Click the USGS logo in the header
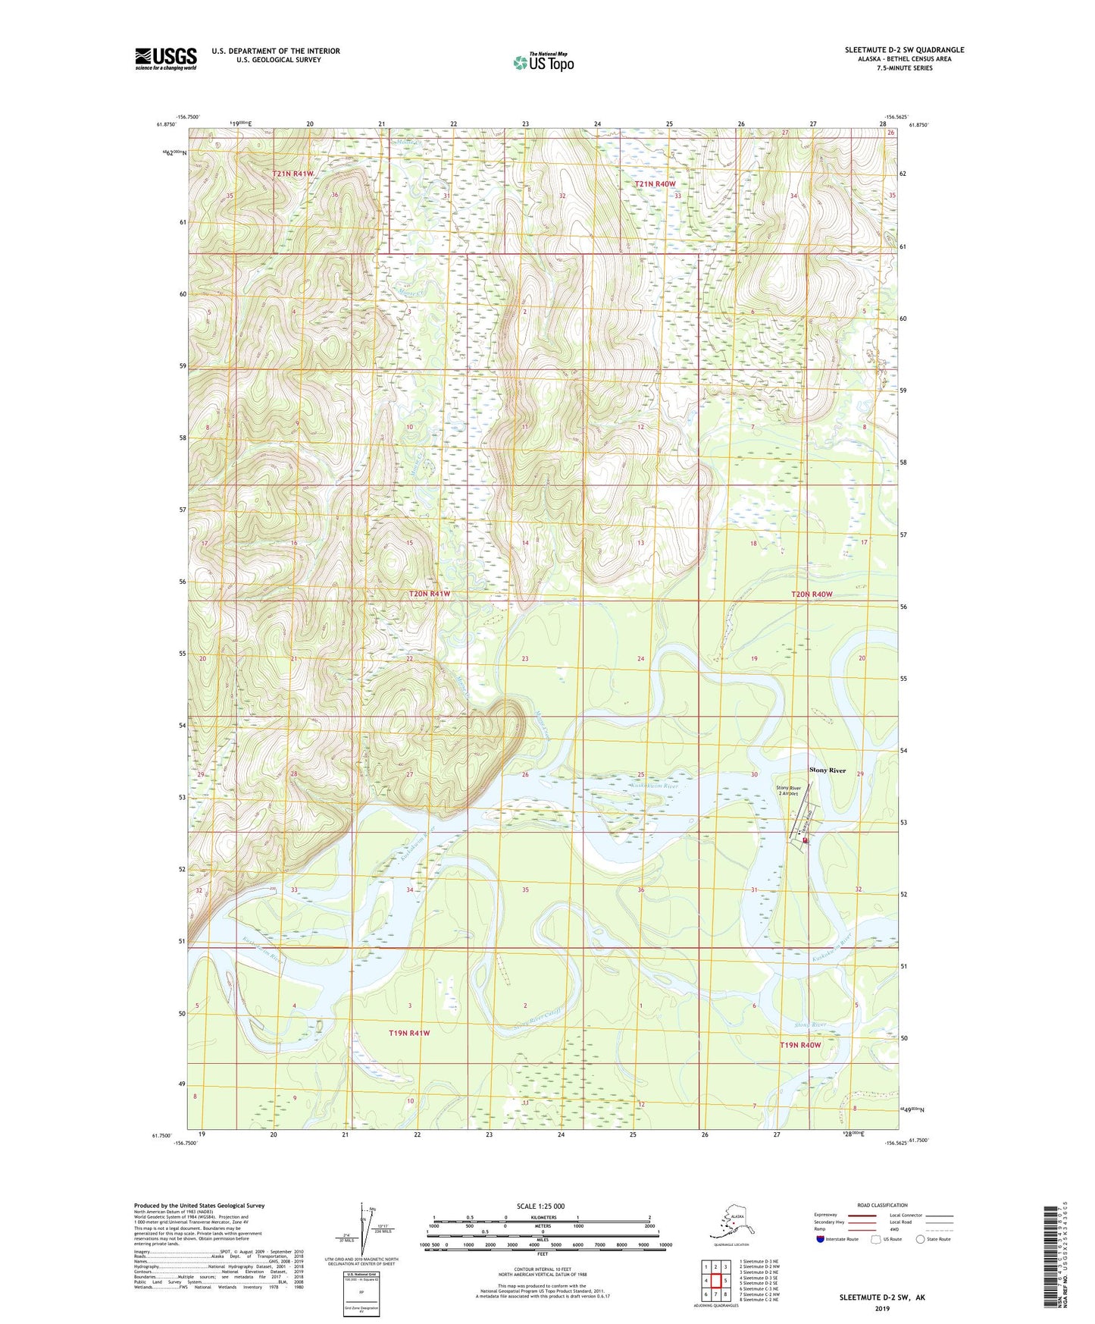point(165,58)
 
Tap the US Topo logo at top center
point(543,61)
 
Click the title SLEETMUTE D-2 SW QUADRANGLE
point(904,50)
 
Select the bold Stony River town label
point(827,770)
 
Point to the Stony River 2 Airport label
point(788,791)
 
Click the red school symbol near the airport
point(805,840)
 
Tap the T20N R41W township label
point(430,594)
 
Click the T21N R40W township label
point(655,184)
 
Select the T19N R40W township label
point(800,1045)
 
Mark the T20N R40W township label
point(812,595)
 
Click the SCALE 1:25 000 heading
point(540,1206)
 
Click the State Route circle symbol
point(921,1240)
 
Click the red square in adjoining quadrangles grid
point(715,1281)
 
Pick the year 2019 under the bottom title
point(881,1308)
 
